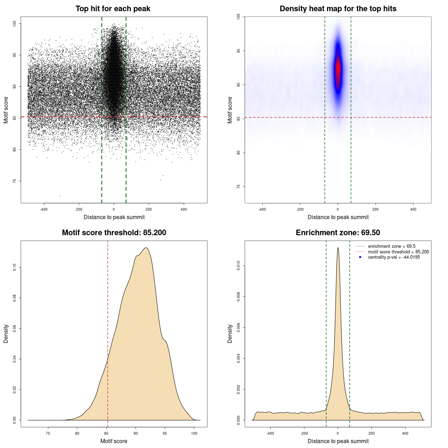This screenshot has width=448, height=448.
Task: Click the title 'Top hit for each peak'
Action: (113, 9)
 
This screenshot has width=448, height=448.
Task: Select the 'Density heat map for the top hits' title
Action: (338, 9)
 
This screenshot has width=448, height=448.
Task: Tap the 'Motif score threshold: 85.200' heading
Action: (114, 233)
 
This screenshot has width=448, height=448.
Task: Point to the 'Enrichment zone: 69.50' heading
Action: (338, 233)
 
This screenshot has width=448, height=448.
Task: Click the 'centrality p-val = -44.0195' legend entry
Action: (394, 257)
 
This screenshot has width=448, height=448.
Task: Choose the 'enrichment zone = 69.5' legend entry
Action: (392, 246)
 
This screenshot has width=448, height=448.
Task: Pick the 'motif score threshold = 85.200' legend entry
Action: (398, 252)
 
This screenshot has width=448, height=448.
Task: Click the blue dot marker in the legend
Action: (360, 257)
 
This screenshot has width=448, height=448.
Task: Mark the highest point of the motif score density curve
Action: (146, 248)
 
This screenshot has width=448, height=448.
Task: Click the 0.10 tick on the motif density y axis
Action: (14, 267)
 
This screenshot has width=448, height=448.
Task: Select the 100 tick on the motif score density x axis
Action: (194, 433)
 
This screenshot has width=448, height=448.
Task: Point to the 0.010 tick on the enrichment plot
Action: (238, 266)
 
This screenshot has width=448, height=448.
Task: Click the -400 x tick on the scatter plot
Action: (44, 209)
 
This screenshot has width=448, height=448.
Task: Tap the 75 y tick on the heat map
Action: (238, 187)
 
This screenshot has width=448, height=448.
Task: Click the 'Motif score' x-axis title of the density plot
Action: (114, 441)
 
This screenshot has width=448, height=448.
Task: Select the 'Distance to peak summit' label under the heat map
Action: (338, 217)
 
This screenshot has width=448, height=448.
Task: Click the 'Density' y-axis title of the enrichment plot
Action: (230, 334)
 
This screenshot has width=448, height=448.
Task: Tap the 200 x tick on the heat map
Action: (376, 209)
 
